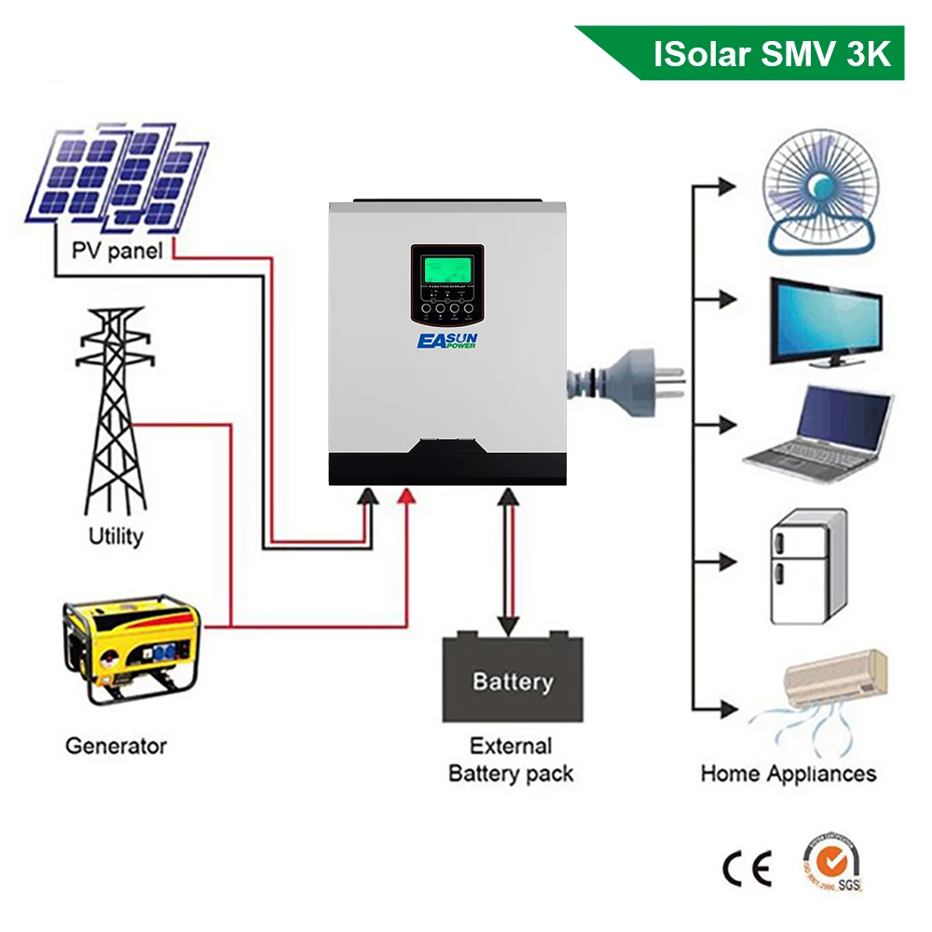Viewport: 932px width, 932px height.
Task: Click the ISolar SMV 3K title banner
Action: [764, 53]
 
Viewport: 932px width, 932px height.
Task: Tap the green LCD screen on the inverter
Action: [447, 271]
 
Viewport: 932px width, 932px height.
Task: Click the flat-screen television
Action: [826, 322]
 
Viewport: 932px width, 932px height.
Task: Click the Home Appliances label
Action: [788, 774]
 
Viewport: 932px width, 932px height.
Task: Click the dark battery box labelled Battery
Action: [512, 678]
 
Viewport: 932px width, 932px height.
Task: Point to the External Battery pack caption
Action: [511, 760]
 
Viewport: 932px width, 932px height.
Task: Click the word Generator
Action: [116, 746]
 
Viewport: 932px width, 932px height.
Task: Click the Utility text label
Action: [116, 536]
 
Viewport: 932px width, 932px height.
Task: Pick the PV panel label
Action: [116, 251]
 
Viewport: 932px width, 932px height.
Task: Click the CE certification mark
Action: [747, 869]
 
